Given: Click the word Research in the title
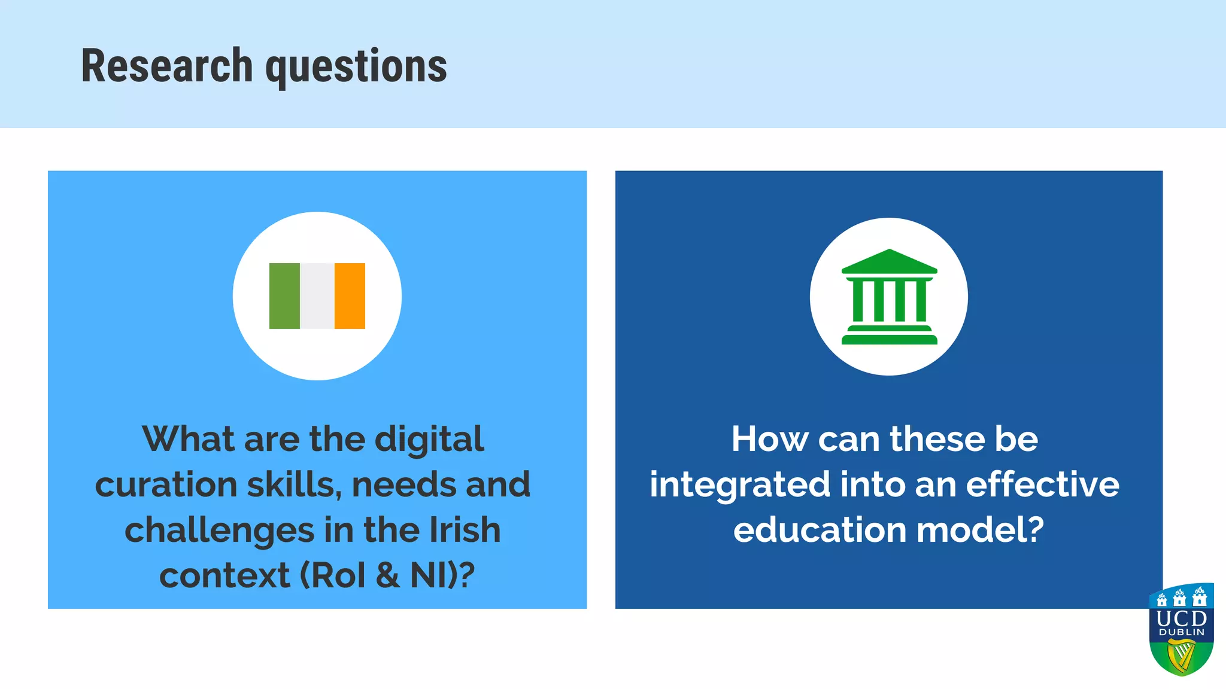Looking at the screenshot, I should coord(167,66).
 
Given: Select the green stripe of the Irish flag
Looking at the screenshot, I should coord(284,296).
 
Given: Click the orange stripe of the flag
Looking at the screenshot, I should coord(350,296).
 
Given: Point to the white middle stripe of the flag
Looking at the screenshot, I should coord(317,296).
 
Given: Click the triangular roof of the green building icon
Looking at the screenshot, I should coord(890,261).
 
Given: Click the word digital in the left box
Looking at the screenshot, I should coord(429,440).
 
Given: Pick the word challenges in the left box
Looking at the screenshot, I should coord(219,531).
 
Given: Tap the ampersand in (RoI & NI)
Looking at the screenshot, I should coord(388,575).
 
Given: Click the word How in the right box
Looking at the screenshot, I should coord(769,440).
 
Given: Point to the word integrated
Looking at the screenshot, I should coord(740,485).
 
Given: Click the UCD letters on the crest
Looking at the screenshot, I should coord(1182,618).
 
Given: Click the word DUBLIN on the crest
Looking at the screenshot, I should coord(1182,632).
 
